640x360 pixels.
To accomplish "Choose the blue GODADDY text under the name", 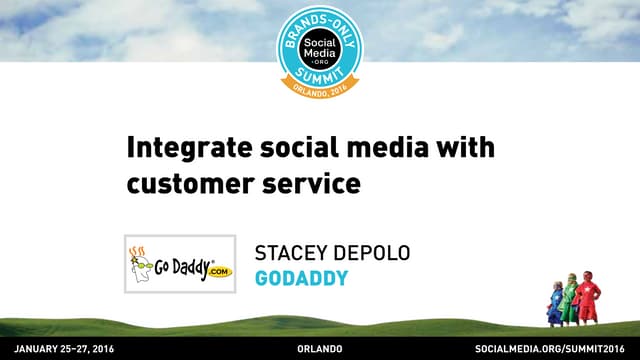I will (301, 277).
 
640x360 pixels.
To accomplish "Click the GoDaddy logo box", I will (179, 264).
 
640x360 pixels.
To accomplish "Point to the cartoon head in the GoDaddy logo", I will (141, 262).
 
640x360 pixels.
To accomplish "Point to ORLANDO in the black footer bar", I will (320, 348).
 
